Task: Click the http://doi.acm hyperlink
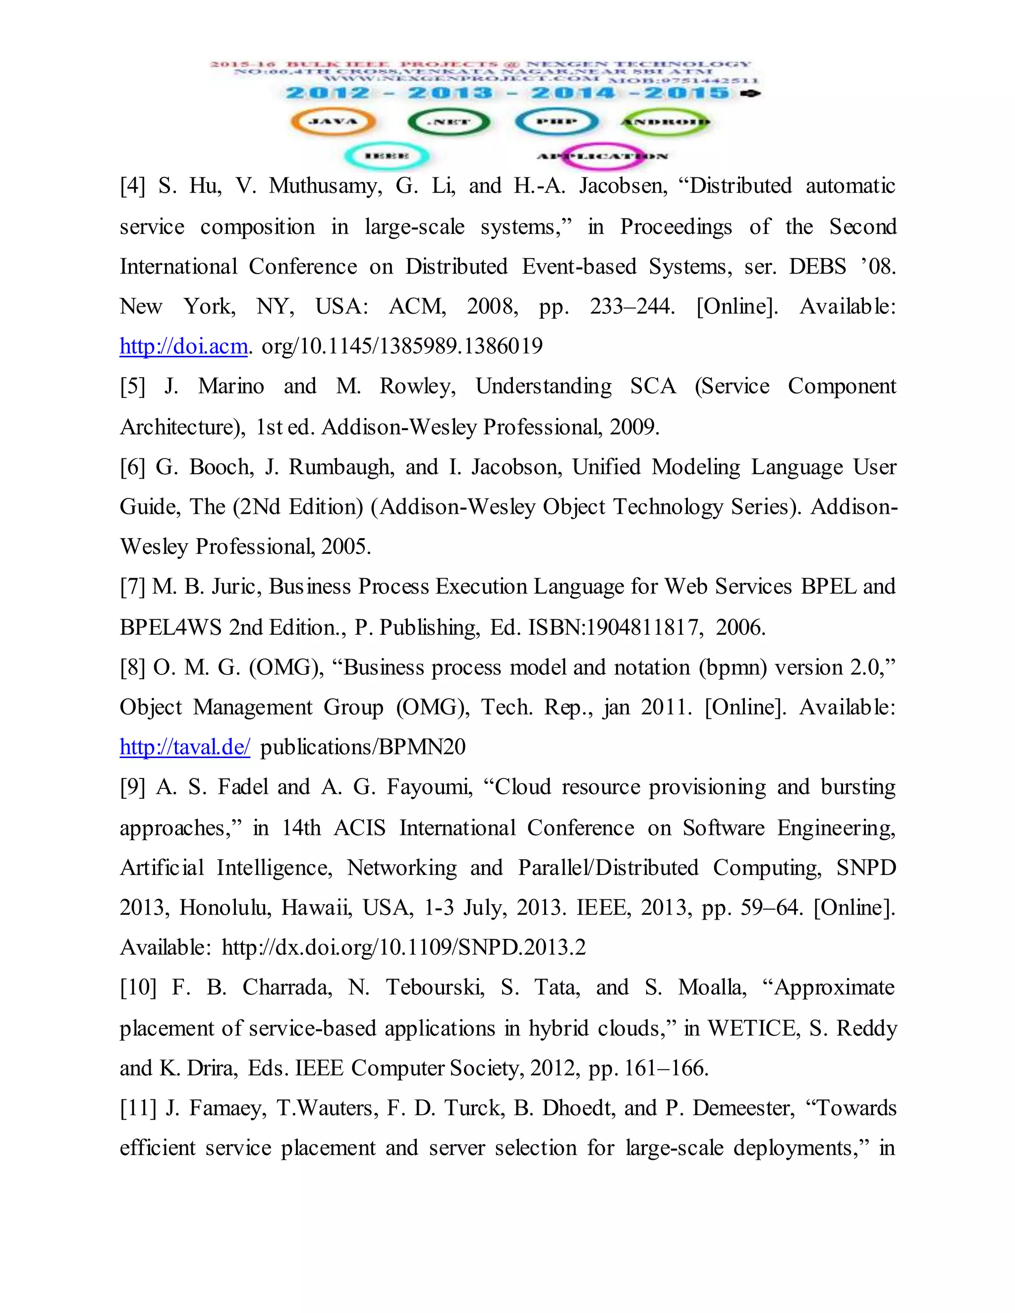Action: [183, 346]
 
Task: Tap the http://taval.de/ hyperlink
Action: [184, 747]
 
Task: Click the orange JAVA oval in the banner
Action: [333, 122]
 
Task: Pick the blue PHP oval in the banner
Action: [556, 122]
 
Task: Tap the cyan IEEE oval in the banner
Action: [387, 156]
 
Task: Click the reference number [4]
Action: [132, 186]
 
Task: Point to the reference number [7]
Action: [132, 587]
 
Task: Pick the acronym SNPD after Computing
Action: [866, 868]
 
